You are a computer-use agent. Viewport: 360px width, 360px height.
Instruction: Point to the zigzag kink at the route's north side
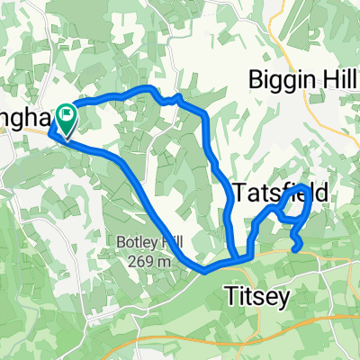pos(175,99)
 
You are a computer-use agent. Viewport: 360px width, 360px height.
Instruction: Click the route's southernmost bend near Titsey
pos(205,268)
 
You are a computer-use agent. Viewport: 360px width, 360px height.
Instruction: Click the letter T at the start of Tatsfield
pos(238,192)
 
